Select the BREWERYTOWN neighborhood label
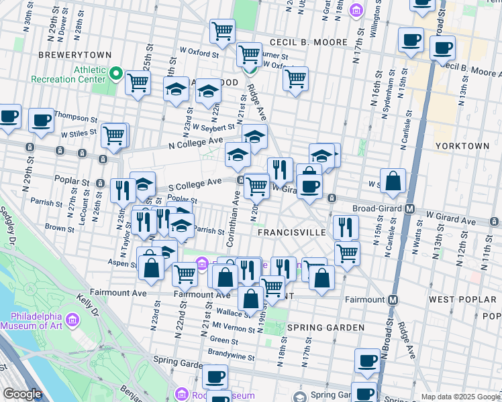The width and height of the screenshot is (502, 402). tap(69, 54)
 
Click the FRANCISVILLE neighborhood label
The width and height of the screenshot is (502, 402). tap(292, 232)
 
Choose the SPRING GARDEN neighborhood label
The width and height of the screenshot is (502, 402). tap(325, 328)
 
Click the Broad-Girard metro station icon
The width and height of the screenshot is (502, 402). tap(409, 208)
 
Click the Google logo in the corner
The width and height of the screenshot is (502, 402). tap(23, 394)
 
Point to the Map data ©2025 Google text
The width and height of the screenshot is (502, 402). tap(460, 397)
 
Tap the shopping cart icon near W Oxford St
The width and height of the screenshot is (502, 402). tap(249, 53)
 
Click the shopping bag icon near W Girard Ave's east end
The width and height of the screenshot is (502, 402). tap(393, 180)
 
